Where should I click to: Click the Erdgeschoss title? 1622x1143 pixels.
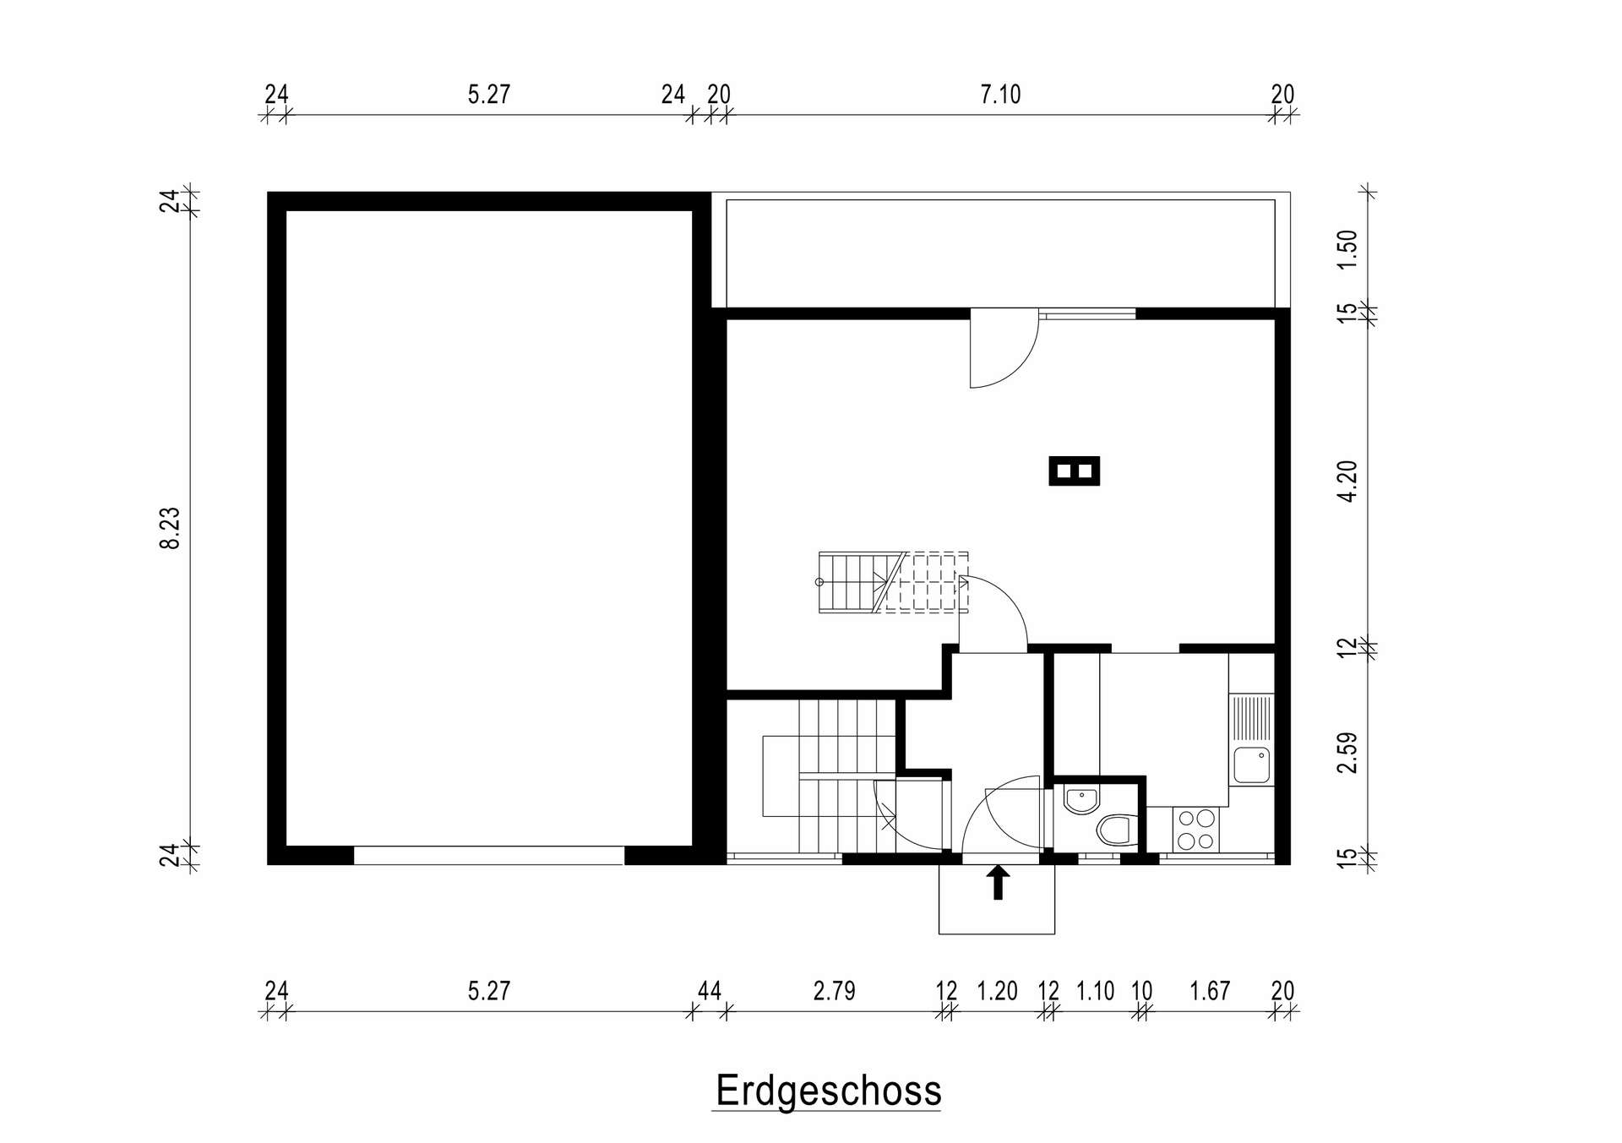(828, 1091)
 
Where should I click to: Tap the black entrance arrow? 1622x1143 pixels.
(999, 882)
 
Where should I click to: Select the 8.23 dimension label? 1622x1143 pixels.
(171, 528)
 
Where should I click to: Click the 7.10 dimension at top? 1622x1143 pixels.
(1000, 94)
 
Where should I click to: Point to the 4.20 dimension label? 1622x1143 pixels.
(1347, 481)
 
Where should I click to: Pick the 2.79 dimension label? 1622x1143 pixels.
(835, 990)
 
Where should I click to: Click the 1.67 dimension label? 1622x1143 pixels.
(1210, 990)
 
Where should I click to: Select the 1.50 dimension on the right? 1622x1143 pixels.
(1347, 250)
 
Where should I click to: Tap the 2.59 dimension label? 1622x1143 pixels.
(1347, 752)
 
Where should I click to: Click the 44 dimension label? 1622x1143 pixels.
(710, 990)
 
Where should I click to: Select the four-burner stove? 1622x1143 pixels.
(1195, 830)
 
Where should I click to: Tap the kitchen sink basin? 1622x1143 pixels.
(1251, 765)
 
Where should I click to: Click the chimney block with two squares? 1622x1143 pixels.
(1075, 471)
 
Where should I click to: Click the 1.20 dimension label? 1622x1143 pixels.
(997, 990)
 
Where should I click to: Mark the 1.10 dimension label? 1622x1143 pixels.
(1095, 990)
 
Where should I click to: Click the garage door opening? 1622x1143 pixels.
(488, 856)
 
